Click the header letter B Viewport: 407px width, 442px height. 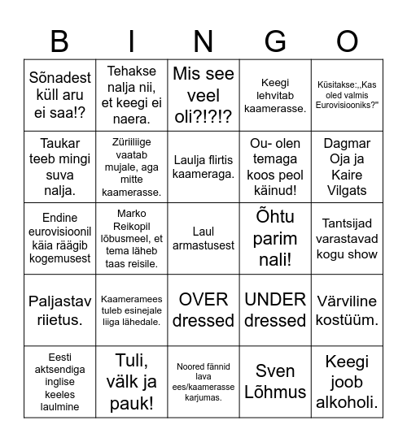coord(59,40)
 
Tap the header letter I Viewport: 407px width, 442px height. coord(131,40)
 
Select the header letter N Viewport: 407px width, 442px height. coord(203,40)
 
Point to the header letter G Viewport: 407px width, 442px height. coord(275,40)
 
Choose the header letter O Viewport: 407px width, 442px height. coord(348,40)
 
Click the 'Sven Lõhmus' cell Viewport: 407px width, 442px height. coord(275,381)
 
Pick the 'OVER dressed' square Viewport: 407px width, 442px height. coord(203,310)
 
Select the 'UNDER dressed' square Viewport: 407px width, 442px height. coord(275,310)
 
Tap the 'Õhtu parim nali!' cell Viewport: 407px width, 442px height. coord(275,238)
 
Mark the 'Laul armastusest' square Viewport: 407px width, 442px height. coord(203,238)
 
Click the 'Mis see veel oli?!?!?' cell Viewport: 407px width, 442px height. coord(203,95)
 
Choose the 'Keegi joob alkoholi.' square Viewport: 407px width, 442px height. coord(348,381)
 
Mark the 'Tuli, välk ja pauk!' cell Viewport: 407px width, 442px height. coord(131,381)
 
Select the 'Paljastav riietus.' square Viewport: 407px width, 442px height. coord(59,310)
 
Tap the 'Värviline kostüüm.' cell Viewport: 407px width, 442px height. coord(348,310)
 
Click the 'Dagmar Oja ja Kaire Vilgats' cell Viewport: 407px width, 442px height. coord(348,167)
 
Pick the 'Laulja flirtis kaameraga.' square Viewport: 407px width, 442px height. coord(203,167)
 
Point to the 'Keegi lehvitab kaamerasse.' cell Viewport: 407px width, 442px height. coord(275,95)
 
